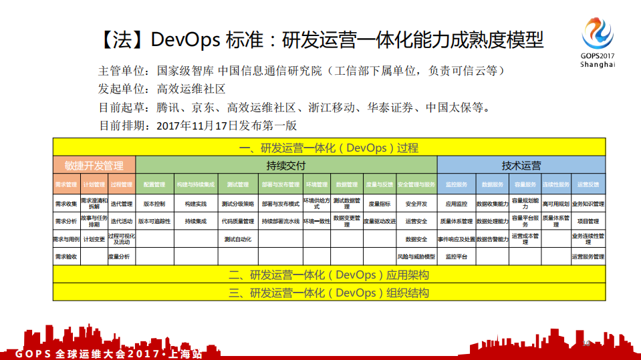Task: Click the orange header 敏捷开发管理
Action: coord(94,166)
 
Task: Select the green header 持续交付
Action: coord(286,166)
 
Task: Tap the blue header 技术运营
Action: coord(521,166)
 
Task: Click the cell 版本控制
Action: coord(154,204)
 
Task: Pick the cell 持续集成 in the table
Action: coord(196,221)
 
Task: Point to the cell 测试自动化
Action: coord(238,239)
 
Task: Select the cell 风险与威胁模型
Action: coord(416,256)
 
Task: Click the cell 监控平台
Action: coord(456,256)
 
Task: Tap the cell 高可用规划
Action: coord(555,204)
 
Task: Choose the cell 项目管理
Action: coord(588,221)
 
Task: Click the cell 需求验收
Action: coord(66,256)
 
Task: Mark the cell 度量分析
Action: coord(120,256)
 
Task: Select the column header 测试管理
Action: coord(238,184)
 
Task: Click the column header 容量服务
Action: coord(525,184)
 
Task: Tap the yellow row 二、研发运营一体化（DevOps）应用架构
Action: coord(329,275)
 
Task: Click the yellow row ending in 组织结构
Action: coord(329,293)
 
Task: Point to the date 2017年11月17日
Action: coord(197,125)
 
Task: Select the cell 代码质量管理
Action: coord(238,221)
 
